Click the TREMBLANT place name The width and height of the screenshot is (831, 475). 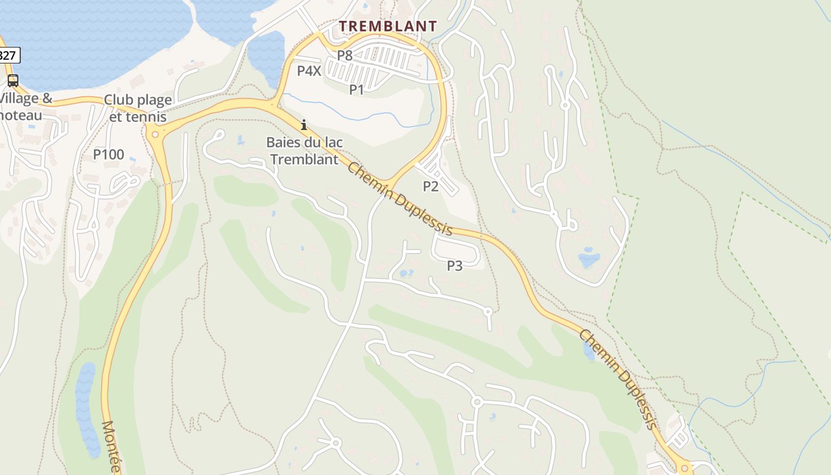click(x=388, y=26)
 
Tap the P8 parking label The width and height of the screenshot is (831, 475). click(x=345, y=56)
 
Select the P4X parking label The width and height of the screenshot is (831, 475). click(x=309, y=71)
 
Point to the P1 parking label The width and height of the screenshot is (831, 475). click(x=356, y=90)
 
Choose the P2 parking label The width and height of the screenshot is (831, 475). click(x=430, y=186)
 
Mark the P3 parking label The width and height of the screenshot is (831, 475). click(x=455, y=266)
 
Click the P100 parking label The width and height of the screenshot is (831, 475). click(x=109, y=155)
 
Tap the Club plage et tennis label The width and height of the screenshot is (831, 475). click(x=138, y=107)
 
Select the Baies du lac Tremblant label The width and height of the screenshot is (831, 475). click(x=304, y=151)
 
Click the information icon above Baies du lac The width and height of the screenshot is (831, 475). click(x=304, y=125)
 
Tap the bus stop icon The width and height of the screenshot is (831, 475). click(x=12, y=81)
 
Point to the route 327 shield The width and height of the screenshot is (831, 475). click(x=8, y=56)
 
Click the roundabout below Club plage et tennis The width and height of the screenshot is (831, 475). click(x=156, y=134)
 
